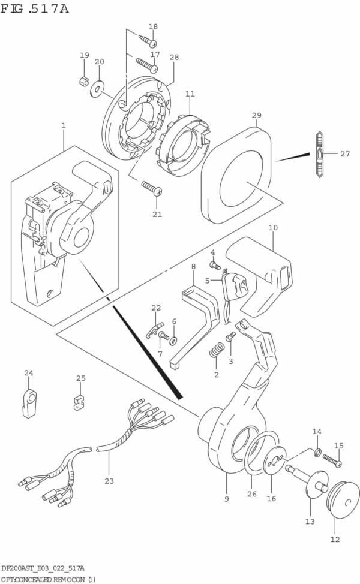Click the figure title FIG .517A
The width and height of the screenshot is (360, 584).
click(35, 8)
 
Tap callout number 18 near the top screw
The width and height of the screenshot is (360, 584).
click(153, 26)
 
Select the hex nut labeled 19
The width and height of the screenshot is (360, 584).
click(84, 82)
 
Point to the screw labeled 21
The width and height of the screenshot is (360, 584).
click(152, 189)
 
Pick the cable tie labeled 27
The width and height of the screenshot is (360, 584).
click(320, 154)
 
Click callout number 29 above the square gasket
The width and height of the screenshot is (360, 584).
click(257, 115)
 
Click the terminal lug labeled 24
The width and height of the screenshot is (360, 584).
click(29, 402)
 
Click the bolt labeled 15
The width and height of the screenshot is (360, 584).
click(332, 460)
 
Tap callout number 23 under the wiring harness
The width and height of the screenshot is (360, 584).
click(109, 481)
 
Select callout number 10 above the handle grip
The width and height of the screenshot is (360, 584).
click(273, 228)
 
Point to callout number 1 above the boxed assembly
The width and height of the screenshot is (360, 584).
click(63, 125)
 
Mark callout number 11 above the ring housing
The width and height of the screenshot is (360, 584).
click(190, 94)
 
